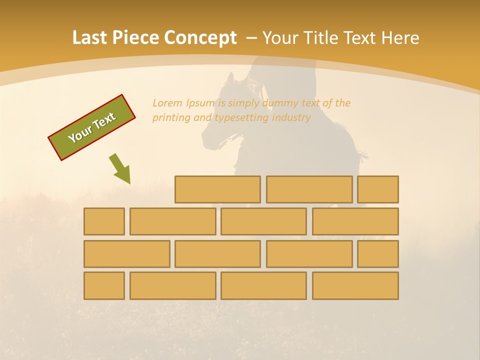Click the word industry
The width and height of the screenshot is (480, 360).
(291, 118)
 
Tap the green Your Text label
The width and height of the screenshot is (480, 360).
(92, 127)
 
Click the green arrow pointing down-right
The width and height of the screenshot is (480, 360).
(120, 169)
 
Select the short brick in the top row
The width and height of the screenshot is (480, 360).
(377, 189)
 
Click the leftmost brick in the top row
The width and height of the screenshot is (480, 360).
(217, 189)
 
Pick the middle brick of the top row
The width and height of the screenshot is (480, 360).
(309, 189)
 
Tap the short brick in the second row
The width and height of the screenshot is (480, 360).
(104, 221)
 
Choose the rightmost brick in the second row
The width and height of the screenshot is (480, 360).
(355, 221)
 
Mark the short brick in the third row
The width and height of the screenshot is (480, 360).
(377, 254)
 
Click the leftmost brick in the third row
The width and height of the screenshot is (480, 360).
(126, 254)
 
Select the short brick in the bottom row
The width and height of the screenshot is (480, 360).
(104, 285)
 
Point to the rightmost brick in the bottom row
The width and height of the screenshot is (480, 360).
(355, 285)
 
